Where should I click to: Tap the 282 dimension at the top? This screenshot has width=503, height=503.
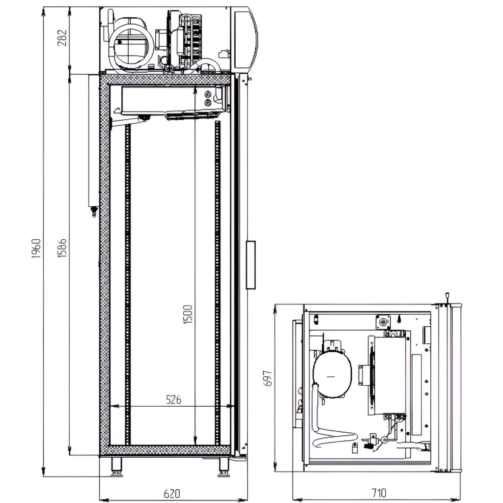pos(62,37)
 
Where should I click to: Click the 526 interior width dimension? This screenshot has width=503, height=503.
pos(172,399)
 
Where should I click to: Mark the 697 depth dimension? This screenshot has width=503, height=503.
pos(268,378)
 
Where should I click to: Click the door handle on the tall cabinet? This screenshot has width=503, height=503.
pos(251,265)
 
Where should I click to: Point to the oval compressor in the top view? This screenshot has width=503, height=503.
pos(332,372)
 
